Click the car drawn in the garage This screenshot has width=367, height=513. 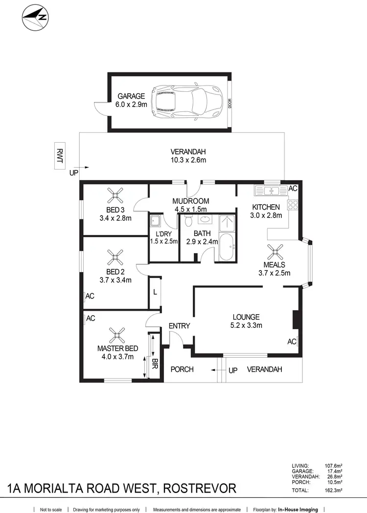pyautogui.click(x=185, y=103)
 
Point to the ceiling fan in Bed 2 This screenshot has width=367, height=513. pyautogui.click(x=115, y=256)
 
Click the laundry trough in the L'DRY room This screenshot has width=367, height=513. pyautogui.click(x=155, y=221)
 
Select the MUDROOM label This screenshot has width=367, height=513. pyautogui.click(x=191, y=201)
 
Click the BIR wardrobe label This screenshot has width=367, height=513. pyautogui.click(x=155, y=363)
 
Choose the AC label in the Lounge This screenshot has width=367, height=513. pyautogui.click(x=292, y=342)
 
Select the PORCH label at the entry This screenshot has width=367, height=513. pyautogui.click(x=182, y=369)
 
